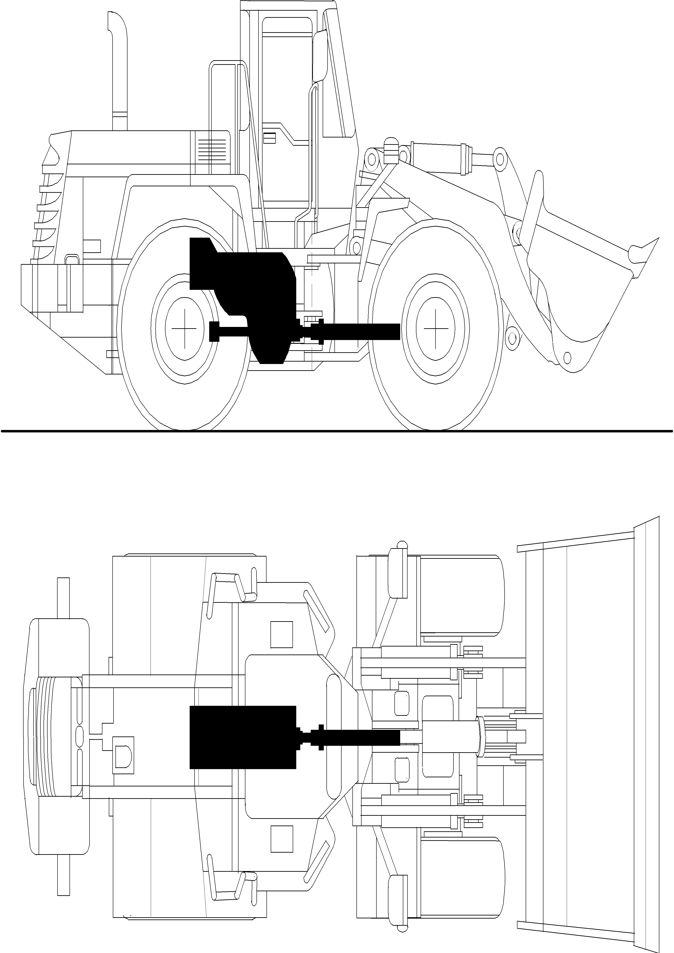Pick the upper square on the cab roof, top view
tap(281, 635)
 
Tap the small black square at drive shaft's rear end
tap(214, 331)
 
